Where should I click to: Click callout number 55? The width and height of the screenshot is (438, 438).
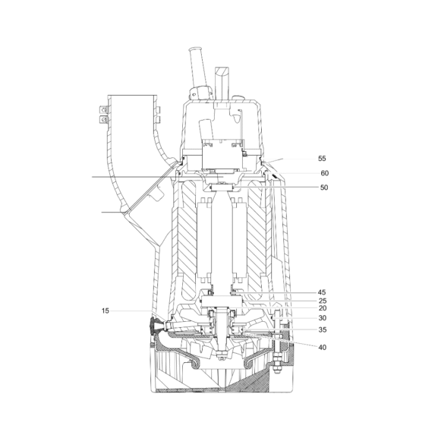pyautogui.click(x=322, y=159)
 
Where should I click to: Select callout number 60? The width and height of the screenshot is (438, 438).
pyautogui.click(x=324, y=173)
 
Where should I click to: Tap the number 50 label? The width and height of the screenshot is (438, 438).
pyautogui.click(x=323, y=187)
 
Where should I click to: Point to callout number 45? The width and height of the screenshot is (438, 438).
pyautogui.click(x=322, y=292)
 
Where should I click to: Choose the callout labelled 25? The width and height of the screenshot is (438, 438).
pyautogui.click(x=323, y=301)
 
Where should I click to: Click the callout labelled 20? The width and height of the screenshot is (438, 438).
pyautogui.click(x=323, y=308)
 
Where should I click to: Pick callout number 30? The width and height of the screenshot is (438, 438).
pyautogui.click(x=323, y=318)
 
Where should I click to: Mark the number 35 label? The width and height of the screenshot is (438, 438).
pyautogui.click(x=323, y=329)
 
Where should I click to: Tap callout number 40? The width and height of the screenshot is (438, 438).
pyautogui.click(x=322, y=347)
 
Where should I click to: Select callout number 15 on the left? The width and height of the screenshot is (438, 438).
pyautogui.click(x=105, y=310)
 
